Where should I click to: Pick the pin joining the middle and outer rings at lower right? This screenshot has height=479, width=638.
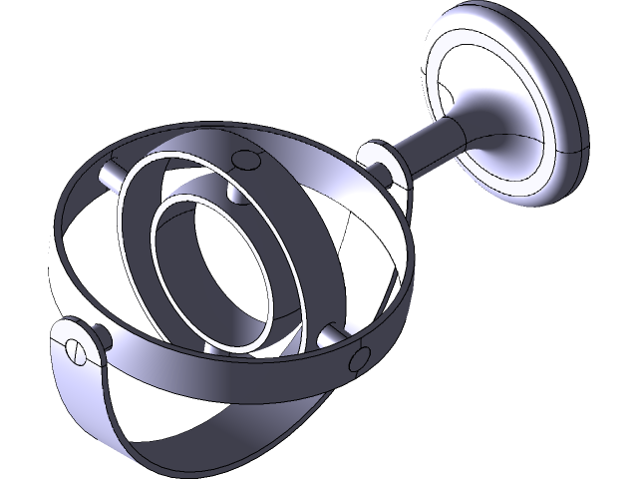pyautogui.click(x=326, y=342)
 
